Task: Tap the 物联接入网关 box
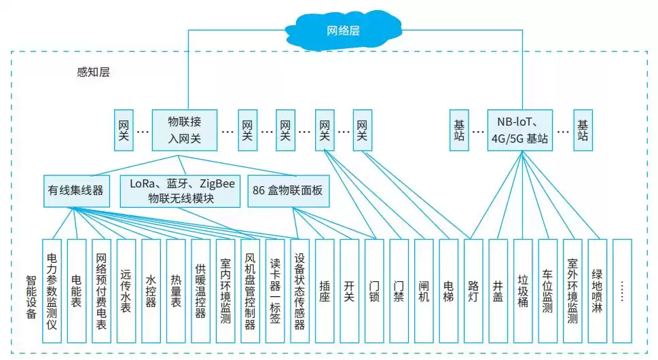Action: [x=185, y=130]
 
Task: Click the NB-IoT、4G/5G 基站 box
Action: [x=520, y=130]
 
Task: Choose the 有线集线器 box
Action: [x=75, y=191]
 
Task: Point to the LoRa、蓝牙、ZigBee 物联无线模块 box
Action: [x=181, y=191]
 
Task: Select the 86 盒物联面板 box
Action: [x=289, y=191]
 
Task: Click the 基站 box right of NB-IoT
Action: [x=583, y=130]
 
